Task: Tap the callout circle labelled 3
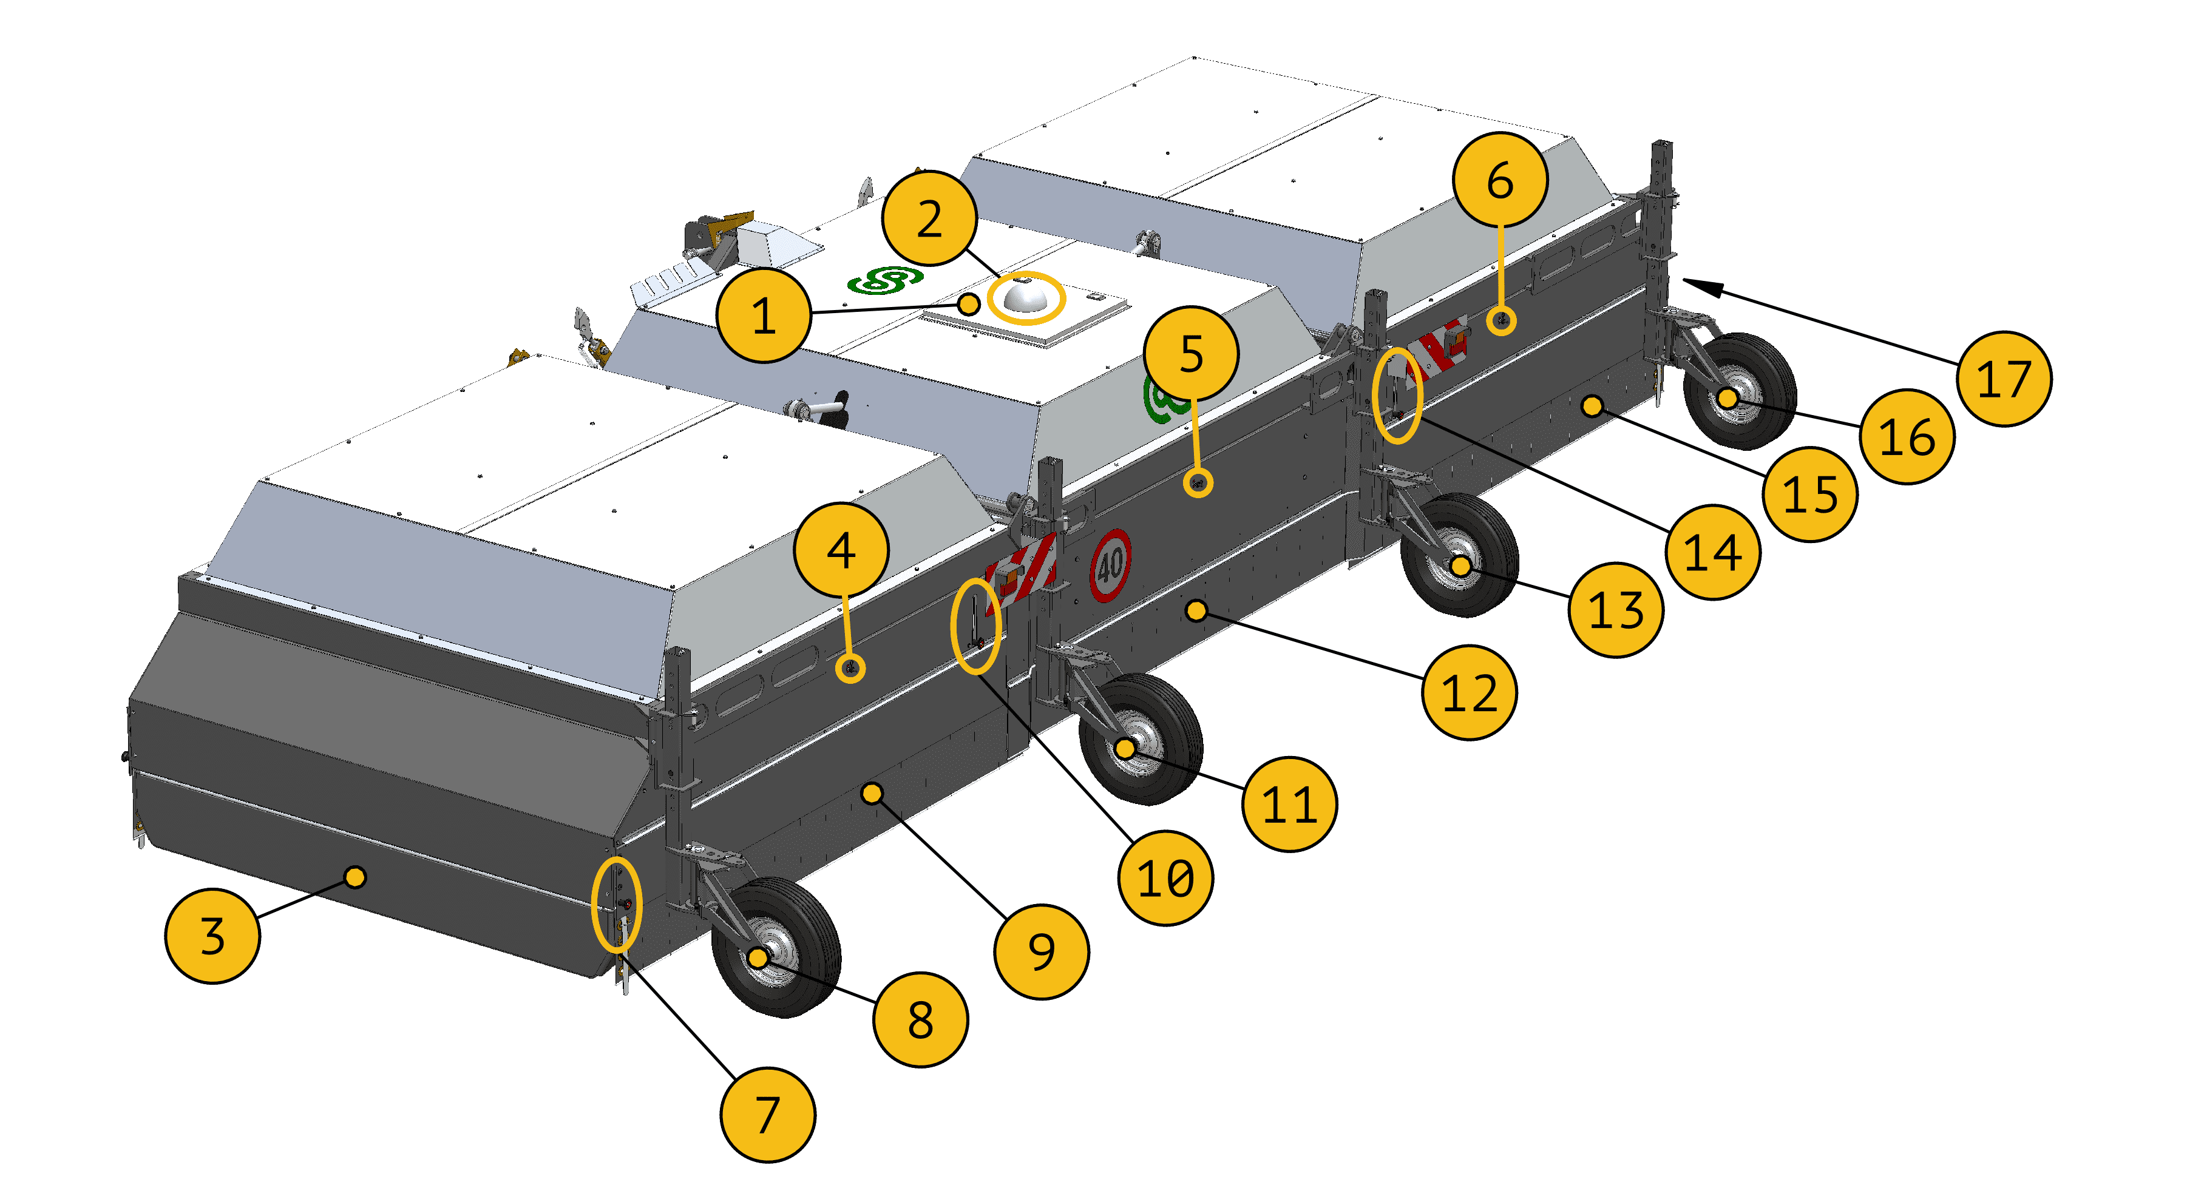(x=212, y=936)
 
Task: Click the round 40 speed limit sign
(x=1110, y=565)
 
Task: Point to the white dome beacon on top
(x=1026, y=297)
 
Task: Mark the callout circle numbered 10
(x=1165, y=877)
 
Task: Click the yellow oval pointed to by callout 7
(x=616, y=904)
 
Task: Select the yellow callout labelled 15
(x=1809, y=494)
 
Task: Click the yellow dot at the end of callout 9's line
(x=872, y=794)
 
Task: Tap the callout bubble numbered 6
(x=1499, y=180)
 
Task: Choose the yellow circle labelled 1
(x=763, y=316)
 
